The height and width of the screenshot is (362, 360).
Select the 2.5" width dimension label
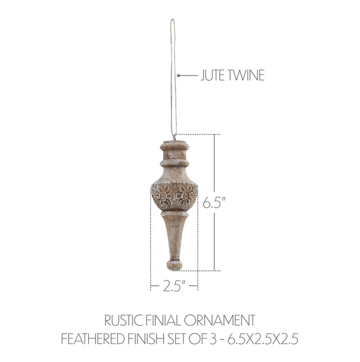[x=173, y=286]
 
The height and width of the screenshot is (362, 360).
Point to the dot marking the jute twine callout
[x=179, y=75]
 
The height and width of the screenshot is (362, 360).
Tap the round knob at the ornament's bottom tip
[x=175, y=264]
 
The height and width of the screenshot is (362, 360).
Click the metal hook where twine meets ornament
[x=175, y=139]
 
